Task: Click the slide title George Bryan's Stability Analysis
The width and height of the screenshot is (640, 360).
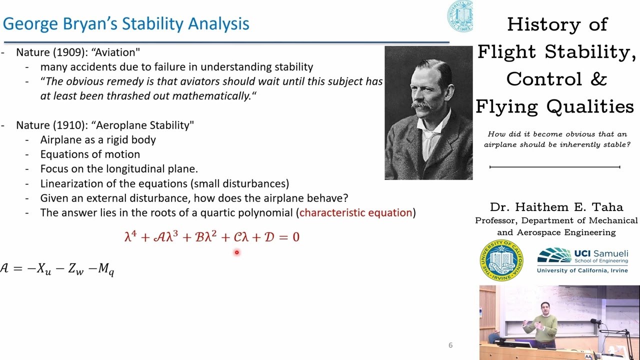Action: click(126, 23)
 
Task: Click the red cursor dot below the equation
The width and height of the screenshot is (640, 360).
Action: click(236, 252)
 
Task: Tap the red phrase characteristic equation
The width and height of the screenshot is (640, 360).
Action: click(355, 212)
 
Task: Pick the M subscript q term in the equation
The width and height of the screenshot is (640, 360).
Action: click(106, 269)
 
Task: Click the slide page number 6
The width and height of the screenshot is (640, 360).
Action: click(450, 345)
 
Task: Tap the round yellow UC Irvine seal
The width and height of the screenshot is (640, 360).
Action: click(501, 260)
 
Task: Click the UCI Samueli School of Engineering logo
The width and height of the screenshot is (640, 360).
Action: click(582, 260)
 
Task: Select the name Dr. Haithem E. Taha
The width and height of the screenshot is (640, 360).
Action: click(556, 207)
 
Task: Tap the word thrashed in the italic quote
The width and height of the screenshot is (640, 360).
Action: click(123, 96)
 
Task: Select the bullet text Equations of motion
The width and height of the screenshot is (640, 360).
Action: click(90, 154)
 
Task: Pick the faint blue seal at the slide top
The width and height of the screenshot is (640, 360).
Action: click(459, 16)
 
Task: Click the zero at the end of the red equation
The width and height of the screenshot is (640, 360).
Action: click(296, 237)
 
